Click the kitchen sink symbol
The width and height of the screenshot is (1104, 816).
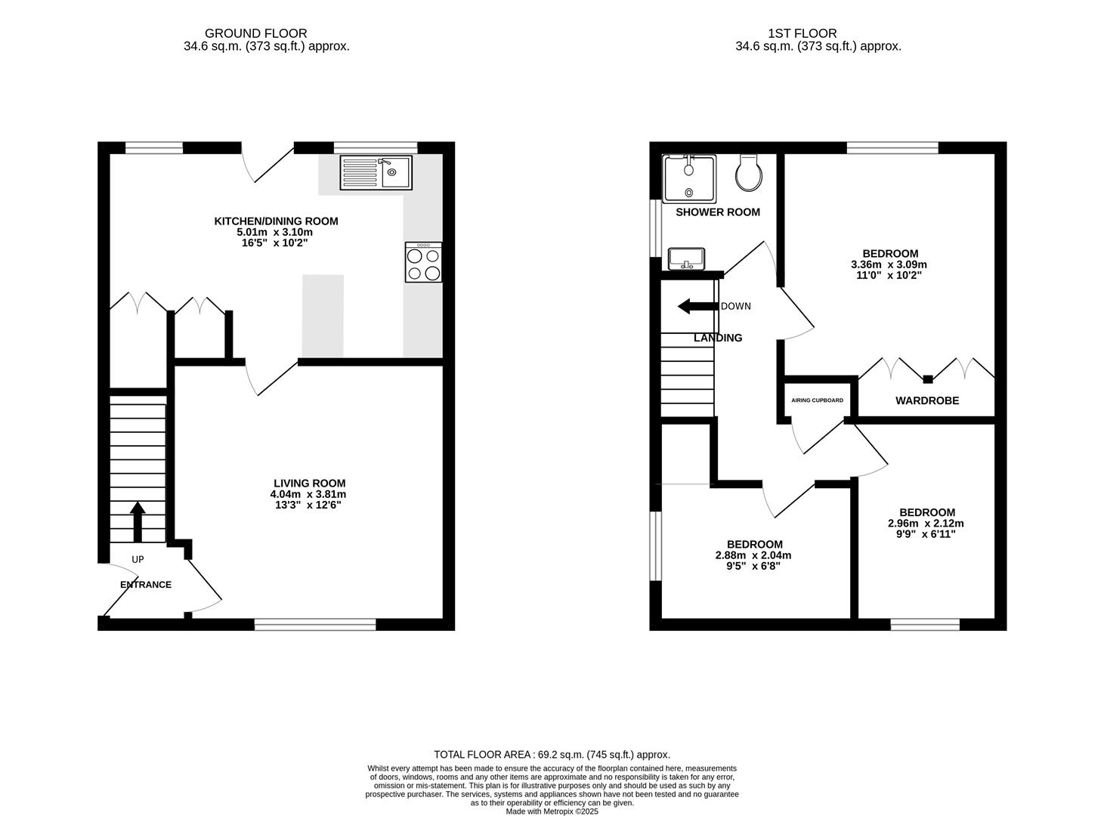point(376,172)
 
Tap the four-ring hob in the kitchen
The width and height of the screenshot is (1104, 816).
point(423,262)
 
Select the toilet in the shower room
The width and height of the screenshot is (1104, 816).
point(748,173)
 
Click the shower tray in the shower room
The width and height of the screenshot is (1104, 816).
point(688,178)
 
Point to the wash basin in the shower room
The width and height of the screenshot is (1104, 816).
point(687,258)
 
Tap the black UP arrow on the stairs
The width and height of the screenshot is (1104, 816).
point(138,521)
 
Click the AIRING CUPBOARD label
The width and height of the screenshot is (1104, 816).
point(817,400)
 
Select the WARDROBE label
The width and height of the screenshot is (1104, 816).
point(927,400)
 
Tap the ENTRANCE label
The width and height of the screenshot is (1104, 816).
point(146,585)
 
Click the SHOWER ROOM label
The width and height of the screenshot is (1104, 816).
point(717,212)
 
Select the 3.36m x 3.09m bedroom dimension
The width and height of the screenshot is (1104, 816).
point(889,265)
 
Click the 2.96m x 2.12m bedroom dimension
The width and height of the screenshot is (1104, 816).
point(926,524)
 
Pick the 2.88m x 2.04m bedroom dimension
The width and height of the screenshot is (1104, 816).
point(753,555)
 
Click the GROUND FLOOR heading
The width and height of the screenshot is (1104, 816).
point(255,33)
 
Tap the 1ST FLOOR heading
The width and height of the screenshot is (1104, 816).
point(802,33)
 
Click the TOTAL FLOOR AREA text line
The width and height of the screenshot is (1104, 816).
point(552,754)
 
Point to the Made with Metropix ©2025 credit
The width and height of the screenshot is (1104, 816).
point(552,811)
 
